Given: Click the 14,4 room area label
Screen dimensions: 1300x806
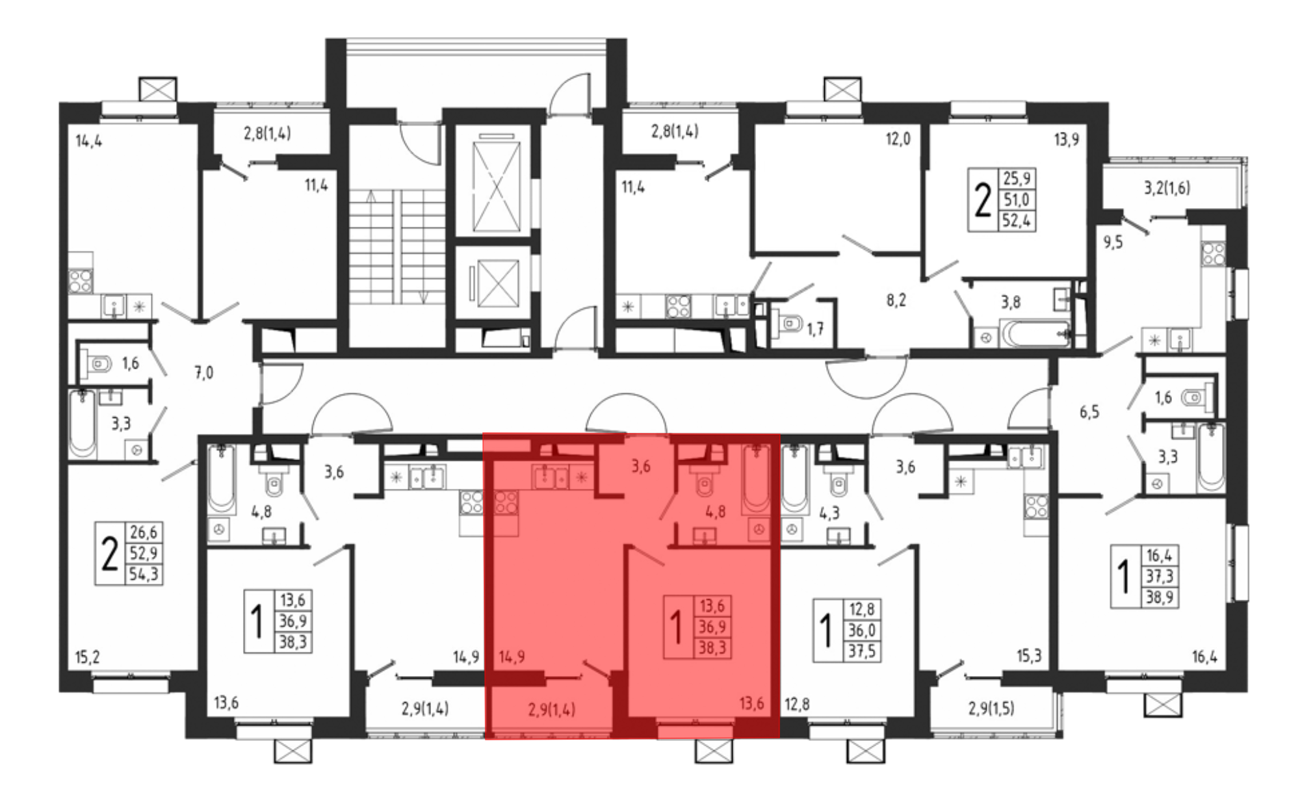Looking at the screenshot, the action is click(89, 141).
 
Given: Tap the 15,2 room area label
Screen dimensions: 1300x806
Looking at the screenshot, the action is click(87, 657).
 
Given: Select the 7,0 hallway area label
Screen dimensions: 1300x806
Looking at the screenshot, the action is click(203, 373).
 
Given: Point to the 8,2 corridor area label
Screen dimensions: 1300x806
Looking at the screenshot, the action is click(896, 301).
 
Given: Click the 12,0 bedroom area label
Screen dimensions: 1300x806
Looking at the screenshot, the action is click(898, 139).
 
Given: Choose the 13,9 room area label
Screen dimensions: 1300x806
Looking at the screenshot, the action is click(1066, 139).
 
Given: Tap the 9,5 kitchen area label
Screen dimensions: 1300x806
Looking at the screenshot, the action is click(1113, 243).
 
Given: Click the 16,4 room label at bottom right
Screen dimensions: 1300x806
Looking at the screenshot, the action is click(1204, 658).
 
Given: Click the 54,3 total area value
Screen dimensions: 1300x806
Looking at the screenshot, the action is click(144, 575).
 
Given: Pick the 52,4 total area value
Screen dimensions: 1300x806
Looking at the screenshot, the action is click(1017, 220).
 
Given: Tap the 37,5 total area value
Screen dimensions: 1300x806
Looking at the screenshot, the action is click(861, 651).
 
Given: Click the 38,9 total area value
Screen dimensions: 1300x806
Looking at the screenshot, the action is click(1160, 597).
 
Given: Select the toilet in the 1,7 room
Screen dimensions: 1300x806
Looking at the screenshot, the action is click(787, 322).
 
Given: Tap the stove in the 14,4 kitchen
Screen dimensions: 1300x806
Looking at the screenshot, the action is click(81, 281).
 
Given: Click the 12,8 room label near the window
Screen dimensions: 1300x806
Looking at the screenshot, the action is click(797, 704).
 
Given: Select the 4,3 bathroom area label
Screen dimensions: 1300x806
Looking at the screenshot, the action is click(829, 513).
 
